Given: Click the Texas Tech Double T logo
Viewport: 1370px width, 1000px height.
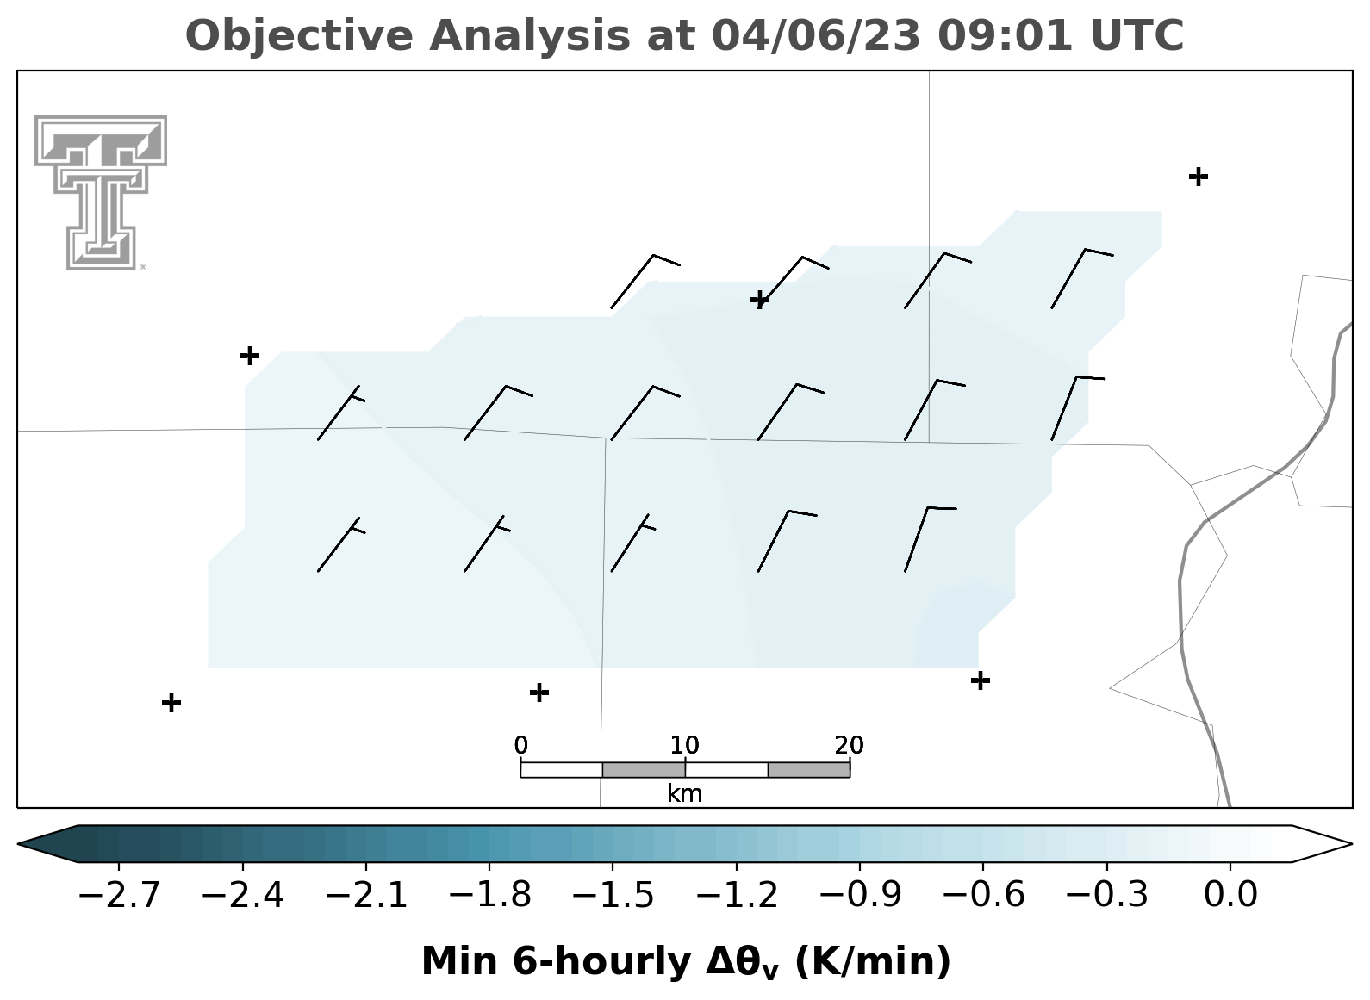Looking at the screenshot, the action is (101, 193).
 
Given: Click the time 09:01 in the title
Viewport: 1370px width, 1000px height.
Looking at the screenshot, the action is (1005, 35).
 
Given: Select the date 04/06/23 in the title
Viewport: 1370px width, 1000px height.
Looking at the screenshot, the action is (816, 36).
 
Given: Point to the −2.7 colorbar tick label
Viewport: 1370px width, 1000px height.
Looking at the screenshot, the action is (119, 895).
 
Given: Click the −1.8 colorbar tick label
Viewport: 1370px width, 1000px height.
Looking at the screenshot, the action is (489, 895).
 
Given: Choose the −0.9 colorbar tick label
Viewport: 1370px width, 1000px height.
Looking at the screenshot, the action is (860, 895).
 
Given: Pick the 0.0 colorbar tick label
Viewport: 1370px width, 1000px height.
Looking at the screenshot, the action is (1230, 895).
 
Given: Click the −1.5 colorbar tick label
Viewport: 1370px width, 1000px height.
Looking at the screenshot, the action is (613, 895).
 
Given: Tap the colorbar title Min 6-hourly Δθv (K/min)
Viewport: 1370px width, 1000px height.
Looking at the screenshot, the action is (686, 962).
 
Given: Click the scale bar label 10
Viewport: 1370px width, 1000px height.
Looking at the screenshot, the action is (684, 745).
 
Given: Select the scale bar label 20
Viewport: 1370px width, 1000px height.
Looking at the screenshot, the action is (849, 745).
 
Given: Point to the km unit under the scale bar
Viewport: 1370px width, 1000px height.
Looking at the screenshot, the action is (684, 794).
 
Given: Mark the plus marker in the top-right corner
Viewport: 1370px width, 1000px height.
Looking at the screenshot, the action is (1199, 177).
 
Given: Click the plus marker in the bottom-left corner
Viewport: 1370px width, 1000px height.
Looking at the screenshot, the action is (171, 702).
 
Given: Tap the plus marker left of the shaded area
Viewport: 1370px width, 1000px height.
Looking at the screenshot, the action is (250, 355).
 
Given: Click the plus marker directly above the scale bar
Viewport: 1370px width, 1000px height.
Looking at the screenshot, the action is (539, 693).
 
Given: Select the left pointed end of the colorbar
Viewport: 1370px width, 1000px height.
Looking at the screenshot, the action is (18, 844).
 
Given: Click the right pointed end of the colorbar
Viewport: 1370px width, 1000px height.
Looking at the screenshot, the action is (1351, 844).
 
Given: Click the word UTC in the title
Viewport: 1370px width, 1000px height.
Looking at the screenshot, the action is (1137, 35).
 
